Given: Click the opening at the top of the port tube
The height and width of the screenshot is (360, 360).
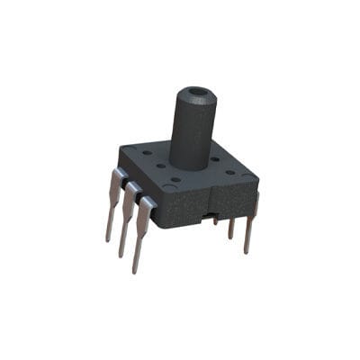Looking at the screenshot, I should coord(195,93).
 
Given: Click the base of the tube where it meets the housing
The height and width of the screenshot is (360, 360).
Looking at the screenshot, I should coord(190,165).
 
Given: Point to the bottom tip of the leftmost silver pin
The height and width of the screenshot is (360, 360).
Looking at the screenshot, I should coord(108,240).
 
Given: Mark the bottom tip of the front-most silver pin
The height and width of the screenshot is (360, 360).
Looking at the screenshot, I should coord(135,272).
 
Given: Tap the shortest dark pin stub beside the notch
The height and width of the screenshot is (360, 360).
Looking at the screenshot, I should coord(216,219).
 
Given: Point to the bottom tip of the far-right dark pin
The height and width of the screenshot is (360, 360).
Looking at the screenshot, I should coord(247,252).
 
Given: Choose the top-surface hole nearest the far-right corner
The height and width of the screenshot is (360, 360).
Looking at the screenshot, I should coord(229,172).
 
